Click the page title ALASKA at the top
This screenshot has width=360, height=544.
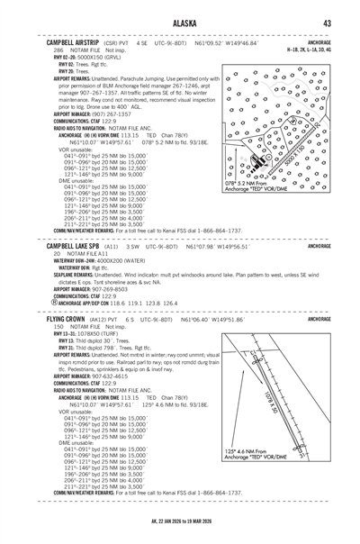click(180, 23)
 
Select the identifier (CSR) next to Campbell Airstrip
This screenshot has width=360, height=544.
click(110, 43)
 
